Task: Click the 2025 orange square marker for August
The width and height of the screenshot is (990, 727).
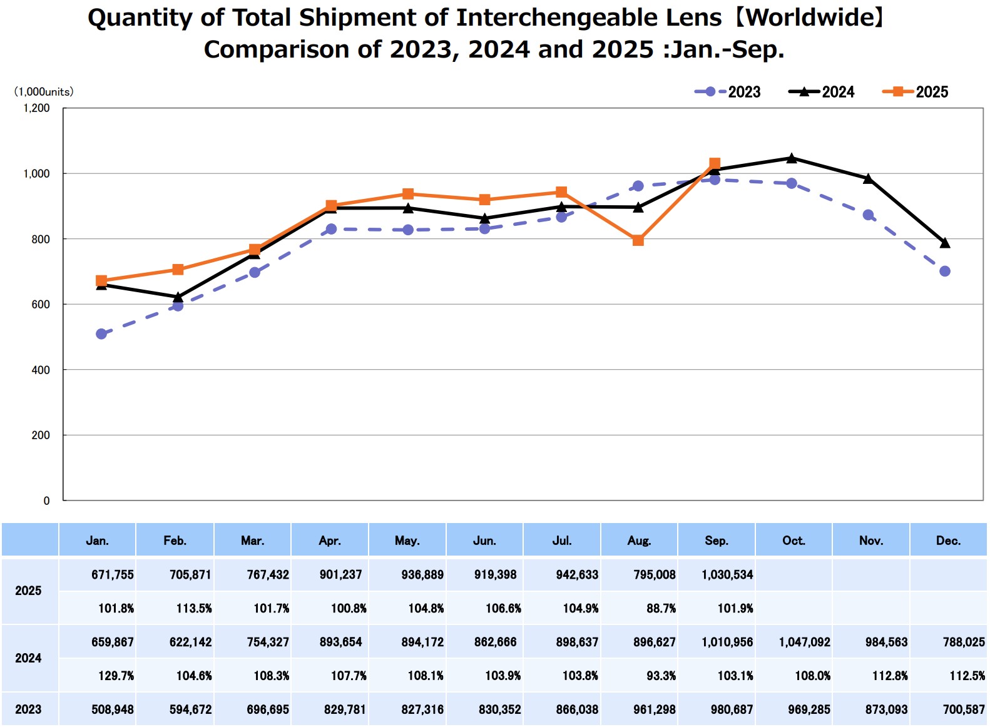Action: point(638,240)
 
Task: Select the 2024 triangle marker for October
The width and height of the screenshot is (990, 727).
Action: point(792,158)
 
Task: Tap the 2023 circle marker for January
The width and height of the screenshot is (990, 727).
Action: point(101,334)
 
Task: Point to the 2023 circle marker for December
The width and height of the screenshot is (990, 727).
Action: point(945,272)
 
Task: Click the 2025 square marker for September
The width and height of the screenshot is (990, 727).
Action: point(715,163)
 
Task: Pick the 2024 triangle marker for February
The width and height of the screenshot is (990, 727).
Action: point(178,297)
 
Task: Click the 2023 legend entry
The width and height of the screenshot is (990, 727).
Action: point(728,92)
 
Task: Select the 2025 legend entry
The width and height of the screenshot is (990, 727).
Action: point(916,92)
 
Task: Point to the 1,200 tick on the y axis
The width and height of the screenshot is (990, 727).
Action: point(36,108)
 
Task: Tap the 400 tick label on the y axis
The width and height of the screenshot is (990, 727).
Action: point(41,370)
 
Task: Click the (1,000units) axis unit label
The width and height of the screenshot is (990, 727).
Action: point(44,92)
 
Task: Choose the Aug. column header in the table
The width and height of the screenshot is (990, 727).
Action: point(639,541)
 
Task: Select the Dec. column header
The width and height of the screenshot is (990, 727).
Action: point(948,541)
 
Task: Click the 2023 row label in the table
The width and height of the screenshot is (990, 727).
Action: point(28,709)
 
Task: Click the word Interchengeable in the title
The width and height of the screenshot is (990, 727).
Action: point(589,18)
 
